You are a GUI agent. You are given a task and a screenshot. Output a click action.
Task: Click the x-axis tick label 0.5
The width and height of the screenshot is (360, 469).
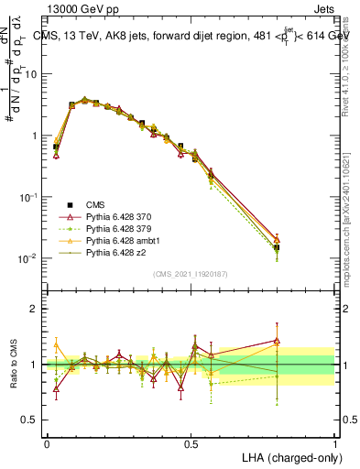click(x=191, y=443)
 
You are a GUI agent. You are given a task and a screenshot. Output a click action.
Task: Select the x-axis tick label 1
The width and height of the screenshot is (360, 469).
click(x=334, y=443)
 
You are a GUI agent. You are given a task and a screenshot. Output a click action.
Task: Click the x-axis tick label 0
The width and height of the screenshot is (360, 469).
click(x=47, y=443)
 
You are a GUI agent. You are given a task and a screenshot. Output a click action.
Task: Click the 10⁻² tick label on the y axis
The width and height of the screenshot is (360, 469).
click(x=28, y=259)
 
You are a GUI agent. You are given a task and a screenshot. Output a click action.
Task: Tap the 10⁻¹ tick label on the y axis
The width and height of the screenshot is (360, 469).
click(x=28, y=198)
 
